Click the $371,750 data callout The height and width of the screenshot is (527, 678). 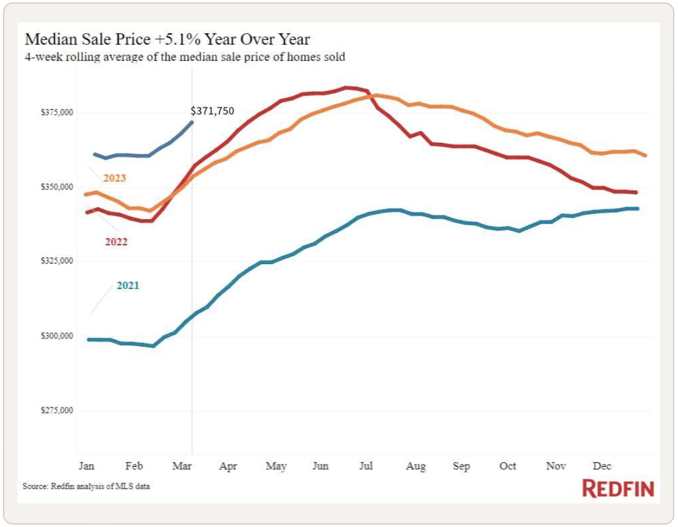click(212, 111)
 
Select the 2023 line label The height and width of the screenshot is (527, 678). click(114, 178)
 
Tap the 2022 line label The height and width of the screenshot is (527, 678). click(116, 242)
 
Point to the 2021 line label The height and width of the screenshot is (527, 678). click(128, 285)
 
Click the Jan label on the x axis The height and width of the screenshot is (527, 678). click(86, 466)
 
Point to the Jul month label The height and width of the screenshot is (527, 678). click(366, 466)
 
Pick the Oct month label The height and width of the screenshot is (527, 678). click(507, 466)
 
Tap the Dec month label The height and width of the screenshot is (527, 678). click(601, 466)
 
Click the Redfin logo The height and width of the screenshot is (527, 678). click(618, 489)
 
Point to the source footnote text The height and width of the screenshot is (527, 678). click(86, 487)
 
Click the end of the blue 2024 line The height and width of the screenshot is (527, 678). click(192, 122)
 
